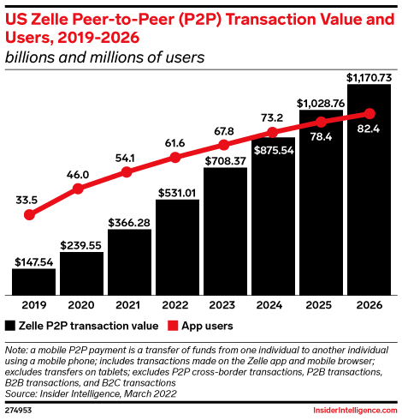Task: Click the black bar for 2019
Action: pos(33,280)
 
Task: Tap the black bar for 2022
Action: pos(177,247)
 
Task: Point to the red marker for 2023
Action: pos(225,143)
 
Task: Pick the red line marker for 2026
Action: pos(369,113)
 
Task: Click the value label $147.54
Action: pos(33,260)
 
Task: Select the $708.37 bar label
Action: pos(225,159)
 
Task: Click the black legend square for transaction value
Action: pos(10,326)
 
